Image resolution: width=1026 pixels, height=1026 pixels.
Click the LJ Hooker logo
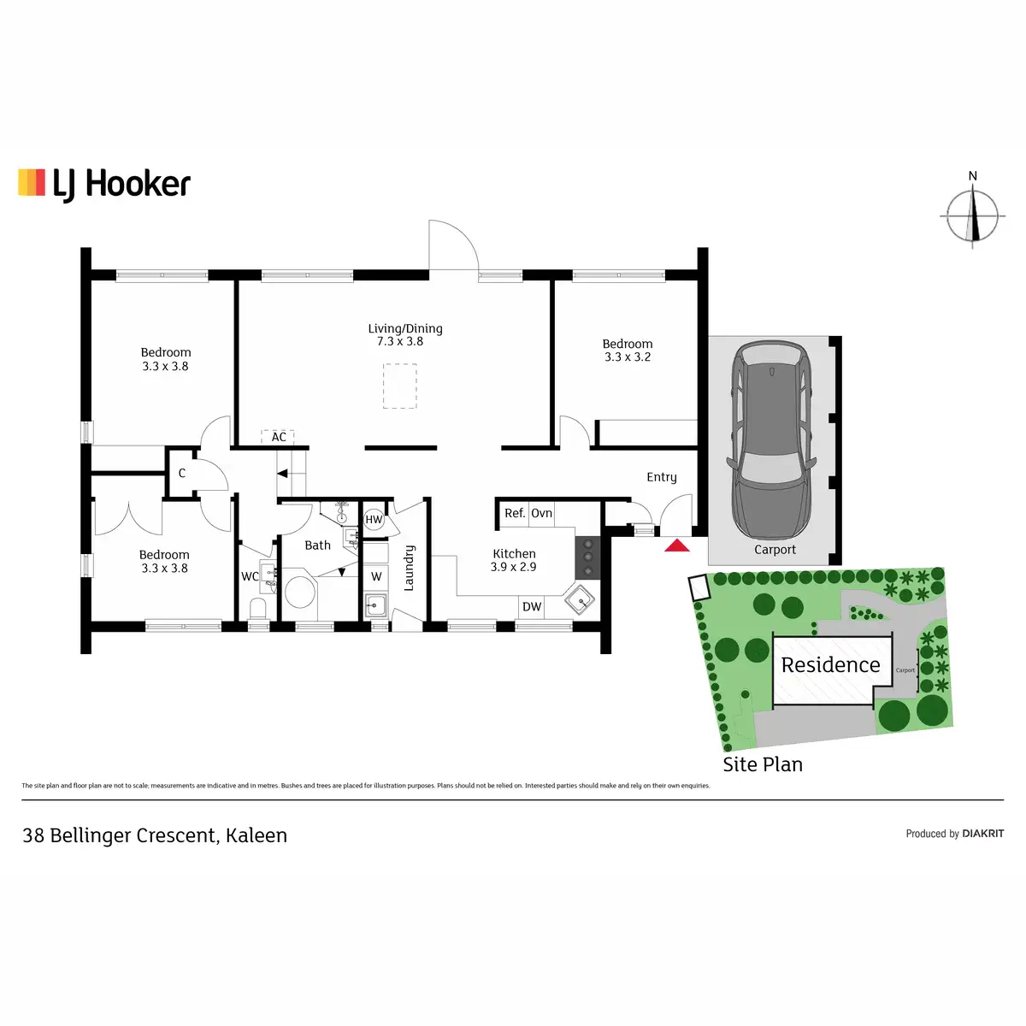[x=104, y=184]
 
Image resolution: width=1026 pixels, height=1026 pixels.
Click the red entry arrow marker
[x=677, y=545]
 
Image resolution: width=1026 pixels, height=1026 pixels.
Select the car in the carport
[x=770, y=439]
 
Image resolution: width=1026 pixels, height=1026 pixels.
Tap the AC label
[x=279, y=437]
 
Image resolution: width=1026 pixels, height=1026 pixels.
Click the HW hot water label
[x=374, y=519]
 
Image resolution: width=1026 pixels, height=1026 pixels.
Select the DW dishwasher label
[x=532, y=606]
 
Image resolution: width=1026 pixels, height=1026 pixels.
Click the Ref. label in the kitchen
[x=515, y=513]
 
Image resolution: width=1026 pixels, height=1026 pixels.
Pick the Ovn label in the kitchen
[x=542, y=513]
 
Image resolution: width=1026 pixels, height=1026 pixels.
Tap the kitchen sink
[x=581, y=599]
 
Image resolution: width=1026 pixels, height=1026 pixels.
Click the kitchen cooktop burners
[x=588, y=557]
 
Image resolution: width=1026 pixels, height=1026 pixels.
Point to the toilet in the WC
[x=257, y=608]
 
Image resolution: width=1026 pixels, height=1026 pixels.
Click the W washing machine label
[x=376, y=577]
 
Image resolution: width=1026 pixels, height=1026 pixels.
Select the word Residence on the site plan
[x=830, y=665]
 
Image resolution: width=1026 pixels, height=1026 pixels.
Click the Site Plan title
[x=763, y=764]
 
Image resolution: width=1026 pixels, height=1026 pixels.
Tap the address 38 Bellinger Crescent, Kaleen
[x=155, y=835]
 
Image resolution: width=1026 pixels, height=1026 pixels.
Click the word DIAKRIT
[x=982, y=834]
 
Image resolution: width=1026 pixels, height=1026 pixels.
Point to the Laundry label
[x=409, y=568]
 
